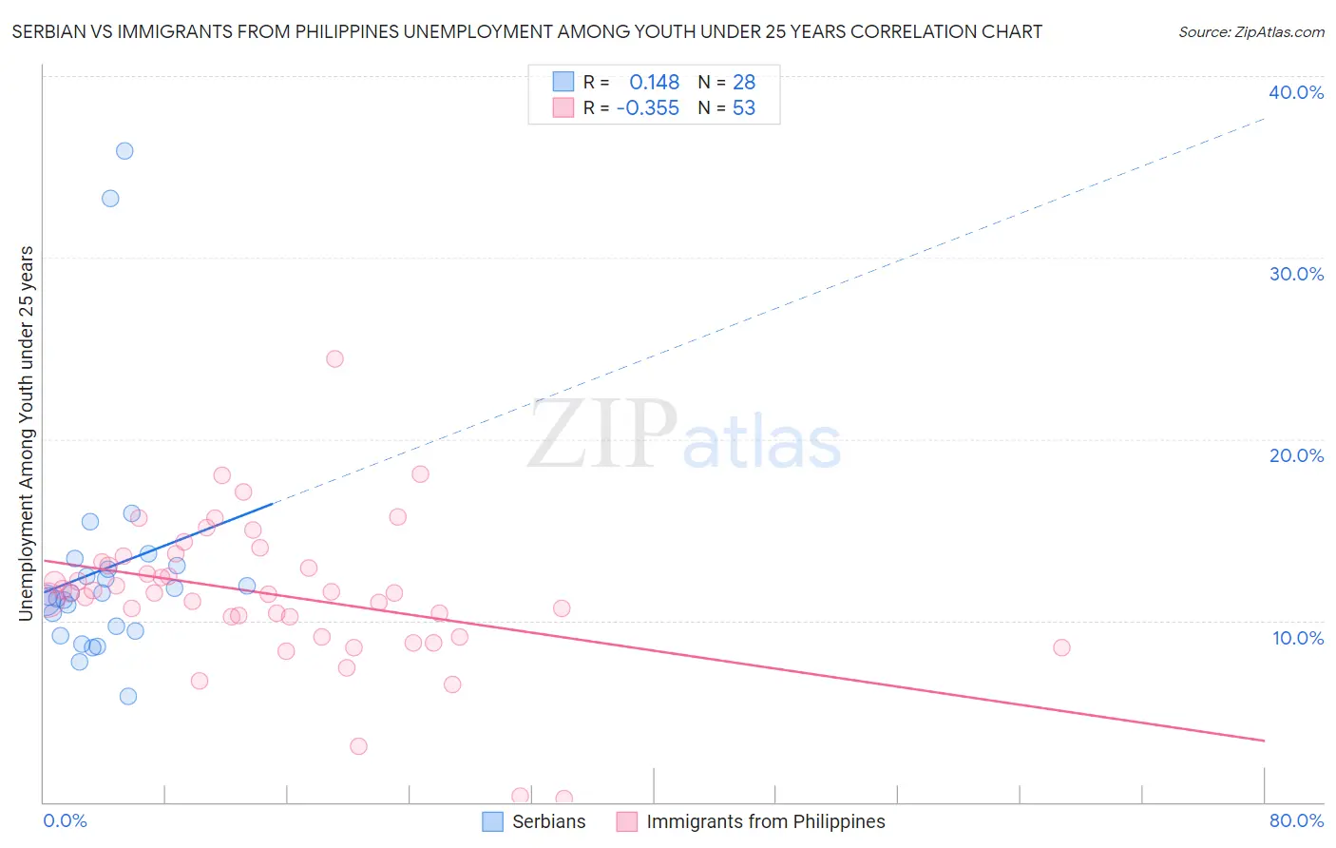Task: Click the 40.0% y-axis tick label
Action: click(1296, 92)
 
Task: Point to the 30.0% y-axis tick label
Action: click(1296, 274)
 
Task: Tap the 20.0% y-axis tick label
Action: click(1296, 455)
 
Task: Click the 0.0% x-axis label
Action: click(66, 820)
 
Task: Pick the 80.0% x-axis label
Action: click(1296, 820)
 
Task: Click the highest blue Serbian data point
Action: click(124, 151)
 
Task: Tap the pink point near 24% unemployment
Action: click(334, 358)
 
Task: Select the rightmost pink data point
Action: click(1061, 647)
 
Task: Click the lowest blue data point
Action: click(128, 696)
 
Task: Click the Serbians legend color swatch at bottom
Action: click(492, 821)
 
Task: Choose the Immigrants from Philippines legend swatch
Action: click(626, 821)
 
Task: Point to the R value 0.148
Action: click(654, 82)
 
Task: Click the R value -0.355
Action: click(648, 108)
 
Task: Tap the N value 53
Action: click(744, 108)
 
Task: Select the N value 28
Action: click(744, 82)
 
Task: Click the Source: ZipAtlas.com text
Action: click(1250, 32)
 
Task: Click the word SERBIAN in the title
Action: click(48, 32)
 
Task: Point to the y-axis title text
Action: click(26, 434)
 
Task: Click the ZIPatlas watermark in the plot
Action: click(684, 435)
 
